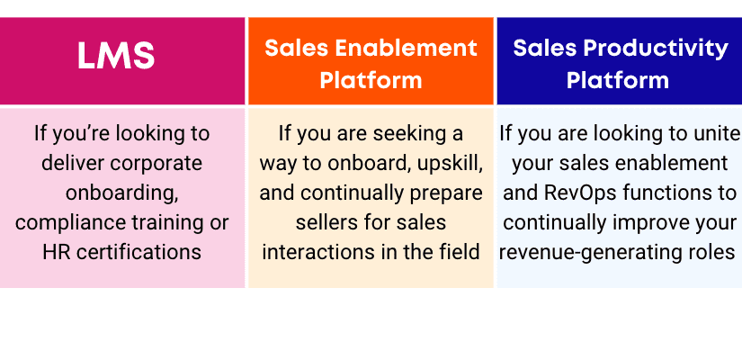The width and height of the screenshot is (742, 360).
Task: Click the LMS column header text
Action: pos(116,56)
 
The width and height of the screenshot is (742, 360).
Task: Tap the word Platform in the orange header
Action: pos(371,79)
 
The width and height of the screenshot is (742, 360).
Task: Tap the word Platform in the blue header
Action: pos(618,79)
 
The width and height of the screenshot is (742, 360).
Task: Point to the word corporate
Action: pos(156,164)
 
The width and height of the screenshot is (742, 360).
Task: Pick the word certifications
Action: pos(139,252)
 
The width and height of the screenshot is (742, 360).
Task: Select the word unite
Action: pos(720,134)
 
